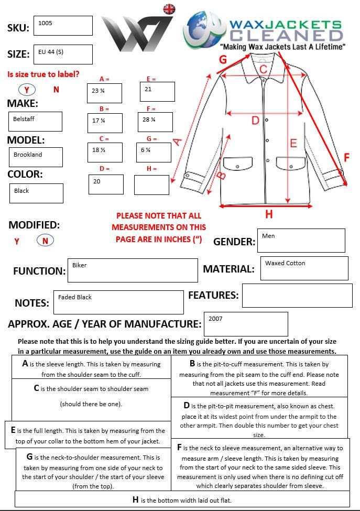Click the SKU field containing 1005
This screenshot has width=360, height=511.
pos(63,26)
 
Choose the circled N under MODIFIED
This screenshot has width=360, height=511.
pos(45,241)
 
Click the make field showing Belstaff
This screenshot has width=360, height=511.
pos(35,122)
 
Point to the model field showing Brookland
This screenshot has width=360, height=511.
pos(35,157)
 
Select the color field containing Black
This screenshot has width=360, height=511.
pos(36,193)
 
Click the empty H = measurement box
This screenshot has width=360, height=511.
pos(151,184)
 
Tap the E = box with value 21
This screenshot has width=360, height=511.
pos(157,92)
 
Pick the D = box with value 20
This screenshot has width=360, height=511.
pos(106,184)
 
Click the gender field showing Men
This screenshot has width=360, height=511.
pos(301,240)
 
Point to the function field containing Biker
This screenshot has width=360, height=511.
pos(132,270)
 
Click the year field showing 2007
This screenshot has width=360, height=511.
pos(246,324)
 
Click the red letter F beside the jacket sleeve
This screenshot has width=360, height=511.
pos(346,157)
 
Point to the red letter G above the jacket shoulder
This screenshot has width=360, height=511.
pos(223,59)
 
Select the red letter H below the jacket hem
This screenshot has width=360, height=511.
pos(269,214)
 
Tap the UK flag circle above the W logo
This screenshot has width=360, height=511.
pos(169,9)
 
